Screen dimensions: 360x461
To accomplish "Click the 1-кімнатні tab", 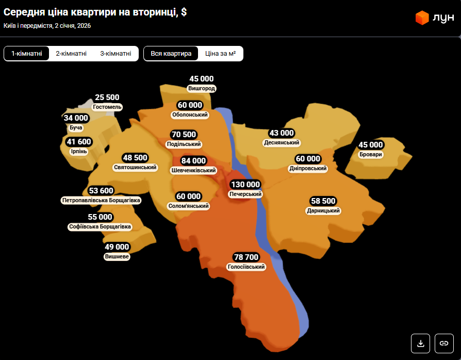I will click(27, 54).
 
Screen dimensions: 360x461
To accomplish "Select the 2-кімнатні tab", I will click(71, 54).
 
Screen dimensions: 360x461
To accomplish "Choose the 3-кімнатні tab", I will click(116, 54).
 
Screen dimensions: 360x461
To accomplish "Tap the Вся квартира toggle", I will click(171, 54).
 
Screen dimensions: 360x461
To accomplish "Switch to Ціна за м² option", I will click(220, 54).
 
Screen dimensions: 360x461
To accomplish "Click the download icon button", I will click(420, 343).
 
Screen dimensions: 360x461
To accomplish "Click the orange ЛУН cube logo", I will click(422, 18).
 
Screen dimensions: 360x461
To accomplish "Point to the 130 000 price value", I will click(245, 185).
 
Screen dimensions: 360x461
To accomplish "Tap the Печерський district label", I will click(245, 194).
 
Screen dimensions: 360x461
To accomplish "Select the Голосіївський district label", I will click(246, 267).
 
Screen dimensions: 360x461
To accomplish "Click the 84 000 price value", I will click(193, 161).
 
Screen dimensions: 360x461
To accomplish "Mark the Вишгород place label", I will click(201, 88).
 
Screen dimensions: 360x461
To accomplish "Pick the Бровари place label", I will click(371, 154).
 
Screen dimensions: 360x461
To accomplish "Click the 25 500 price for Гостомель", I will click(107, 97).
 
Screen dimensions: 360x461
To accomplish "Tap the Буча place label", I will click(75, 127).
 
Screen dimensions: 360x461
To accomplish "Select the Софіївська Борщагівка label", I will click(100, 226).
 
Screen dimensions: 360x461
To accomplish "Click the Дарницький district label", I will click(323, 210).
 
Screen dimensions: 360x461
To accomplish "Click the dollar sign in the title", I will click(184, 12).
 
